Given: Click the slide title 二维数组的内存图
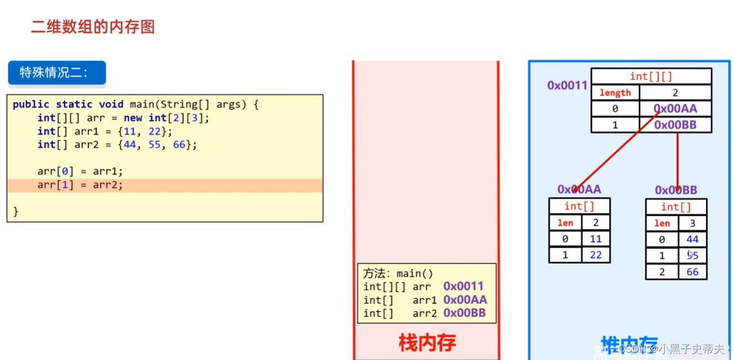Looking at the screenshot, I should pos(93,27).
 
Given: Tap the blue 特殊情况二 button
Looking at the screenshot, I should pos(56,73).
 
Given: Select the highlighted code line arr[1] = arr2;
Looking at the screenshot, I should pos(80,185).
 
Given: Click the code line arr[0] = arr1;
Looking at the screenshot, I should pos(80,171).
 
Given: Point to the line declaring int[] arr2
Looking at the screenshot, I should pos(117,145).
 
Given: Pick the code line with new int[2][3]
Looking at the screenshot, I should pos(124,118).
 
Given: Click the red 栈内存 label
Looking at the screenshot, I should pos(427,343).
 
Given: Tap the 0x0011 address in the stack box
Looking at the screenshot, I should pos(463,286).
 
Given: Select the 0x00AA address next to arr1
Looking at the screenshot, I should pos(465,300).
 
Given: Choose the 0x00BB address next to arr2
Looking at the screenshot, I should pos(464,314).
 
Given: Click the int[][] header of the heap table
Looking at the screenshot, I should pos(651,77).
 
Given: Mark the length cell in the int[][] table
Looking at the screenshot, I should pos(615,93).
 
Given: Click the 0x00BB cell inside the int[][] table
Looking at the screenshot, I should pos(675,125).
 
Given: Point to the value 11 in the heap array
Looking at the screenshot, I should pos(596,239).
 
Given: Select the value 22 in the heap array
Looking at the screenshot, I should pos(596,255).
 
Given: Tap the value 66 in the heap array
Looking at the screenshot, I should pos(692,272).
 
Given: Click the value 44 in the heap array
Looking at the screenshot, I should pos(692,239).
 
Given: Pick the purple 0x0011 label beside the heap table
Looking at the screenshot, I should pos(567,85).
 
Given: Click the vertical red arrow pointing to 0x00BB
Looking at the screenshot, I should pos(677,160).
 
